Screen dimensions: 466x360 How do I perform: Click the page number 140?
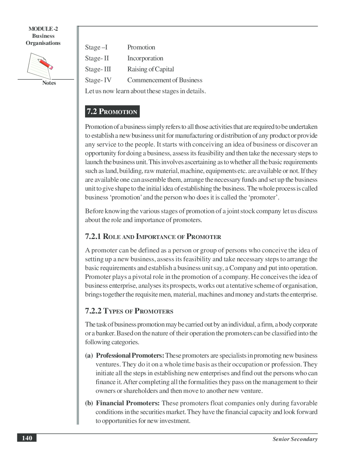pos(27,438)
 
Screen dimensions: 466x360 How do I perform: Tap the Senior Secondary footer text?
pos(295,439)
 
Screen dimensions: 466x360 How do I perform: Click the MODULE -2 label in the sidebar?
pos(43,29)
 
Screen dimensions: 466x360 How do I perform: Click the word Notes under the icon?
pos(49,83)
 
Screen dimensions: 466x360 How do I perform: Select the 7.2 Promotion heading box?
pos(112,112)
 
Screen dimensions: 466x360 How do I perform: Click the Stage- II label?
pos(97,58)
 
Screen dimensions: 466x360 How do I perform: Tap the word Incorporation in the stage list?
pos(145,58)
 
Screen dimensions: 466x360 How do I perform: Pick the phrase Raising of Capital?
pos(150,69)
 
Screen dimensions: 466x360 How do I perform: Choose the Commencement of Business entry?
pos(164,80)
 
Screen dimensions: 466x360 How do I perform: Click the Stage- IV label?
pos(98,80)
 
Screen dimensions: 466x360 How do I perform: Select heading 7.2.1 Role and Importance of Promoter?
pos(153,237)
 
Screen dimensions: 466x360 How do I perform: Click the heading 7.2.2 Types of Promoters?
pos(129,311)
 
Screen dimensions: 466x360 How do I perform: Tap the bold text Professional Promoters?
pos(130,356)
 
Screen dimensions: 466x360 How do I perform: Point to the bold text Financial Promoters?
pos(128,403)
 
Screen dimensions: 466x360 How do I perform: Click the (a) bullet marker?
pos(89,356)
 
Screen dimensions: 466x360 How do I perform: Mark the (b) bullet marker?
pos(89,403)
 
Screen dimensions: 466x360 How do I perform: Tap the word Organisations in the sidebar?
pos(43,43)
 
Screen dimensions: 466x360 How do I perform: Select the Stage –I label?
pos(96,47)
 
